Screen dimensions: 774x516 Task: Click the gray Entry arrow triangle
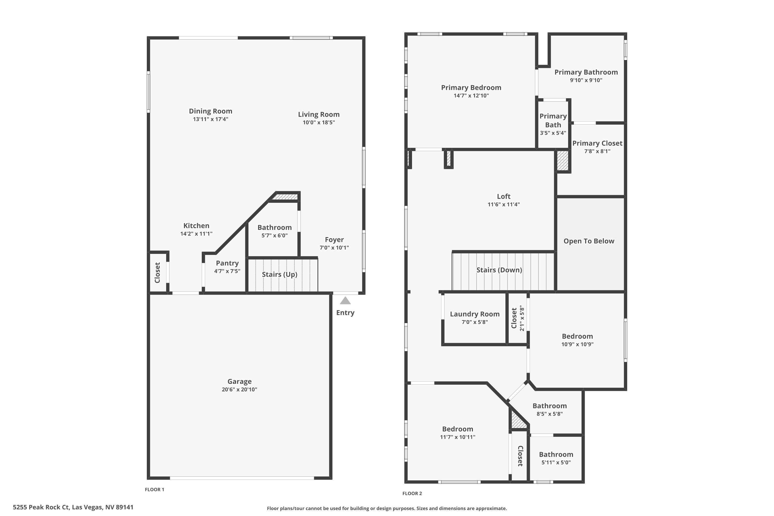click(x=345, y=301)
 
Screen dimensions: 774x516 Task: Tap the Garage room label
click(x=240, y=381)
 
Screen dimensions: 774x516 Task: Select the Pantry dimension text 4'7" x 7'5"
click(x=227, y=271)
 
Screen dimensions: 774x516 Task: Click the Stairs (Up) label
click(x=280, y=275)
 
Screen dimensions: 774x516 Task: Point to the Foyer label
click(x=334, y=240)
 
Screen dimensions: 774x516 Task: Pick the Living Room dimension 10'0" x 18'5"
click(x=319, y=122)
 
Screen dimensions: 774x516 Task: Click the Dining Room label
click(x=211, y=111)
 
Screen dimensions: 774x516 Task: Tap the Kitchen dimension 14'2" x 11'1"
click(x=196, y=234)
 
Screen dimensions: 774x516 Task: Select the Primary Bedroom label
click(x=471, y=87)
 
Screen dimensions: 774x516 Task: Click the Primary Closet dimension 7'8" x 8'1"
click(x=597, y=151)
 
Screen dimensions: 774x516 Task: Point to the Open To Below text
click(x=589, y=241)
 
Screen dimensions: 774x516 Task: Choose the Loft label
click(x=504, y=196)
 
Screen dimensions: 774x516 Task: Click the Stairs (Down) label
click(x=499, y=270)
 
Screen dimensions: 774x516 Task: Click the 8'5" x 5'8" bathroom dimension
click(x=550, y=414)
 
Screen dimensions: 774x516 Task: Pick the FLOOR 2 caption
click(x=412, y=493)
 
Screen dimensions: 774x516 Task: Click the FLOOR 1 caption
click(x=154, y=489)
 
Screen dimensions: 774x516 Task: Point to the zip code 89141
click(x=124, y=507)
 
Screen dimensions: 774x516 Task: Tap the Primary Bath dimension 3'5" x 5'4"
click(x=553, y=133)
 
